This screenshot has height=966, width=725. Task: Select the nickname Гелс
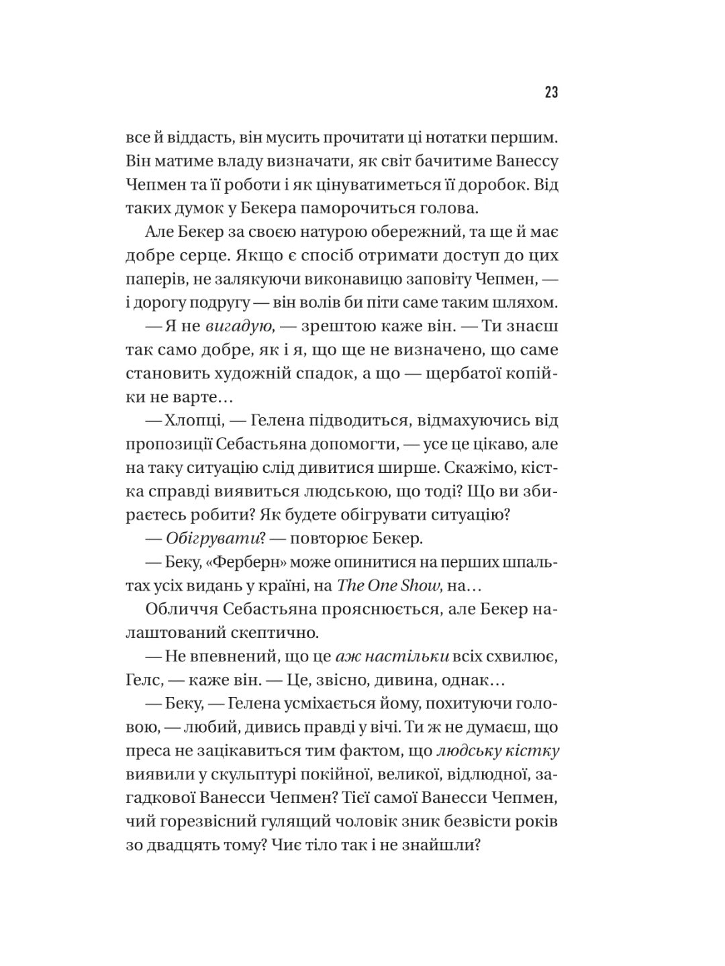[144, 680]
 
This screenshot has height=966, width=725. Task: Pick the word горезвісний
[211, 821]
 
